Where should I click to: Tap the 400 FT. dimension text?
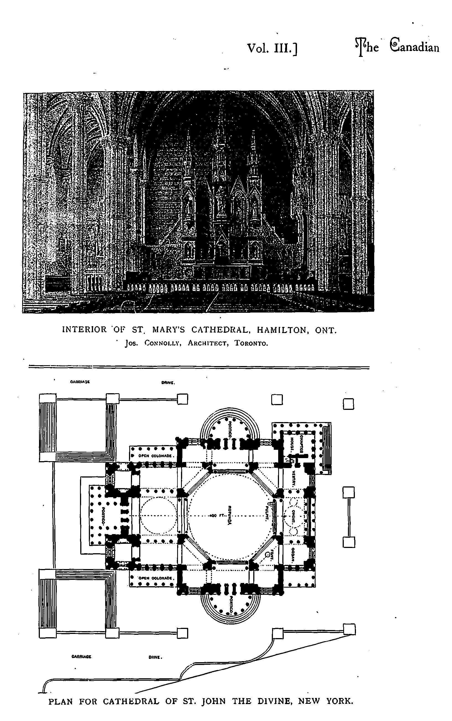216,516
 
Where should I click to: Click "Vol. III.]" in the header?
272,49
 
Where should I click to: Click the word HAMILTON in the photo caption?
283,330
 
